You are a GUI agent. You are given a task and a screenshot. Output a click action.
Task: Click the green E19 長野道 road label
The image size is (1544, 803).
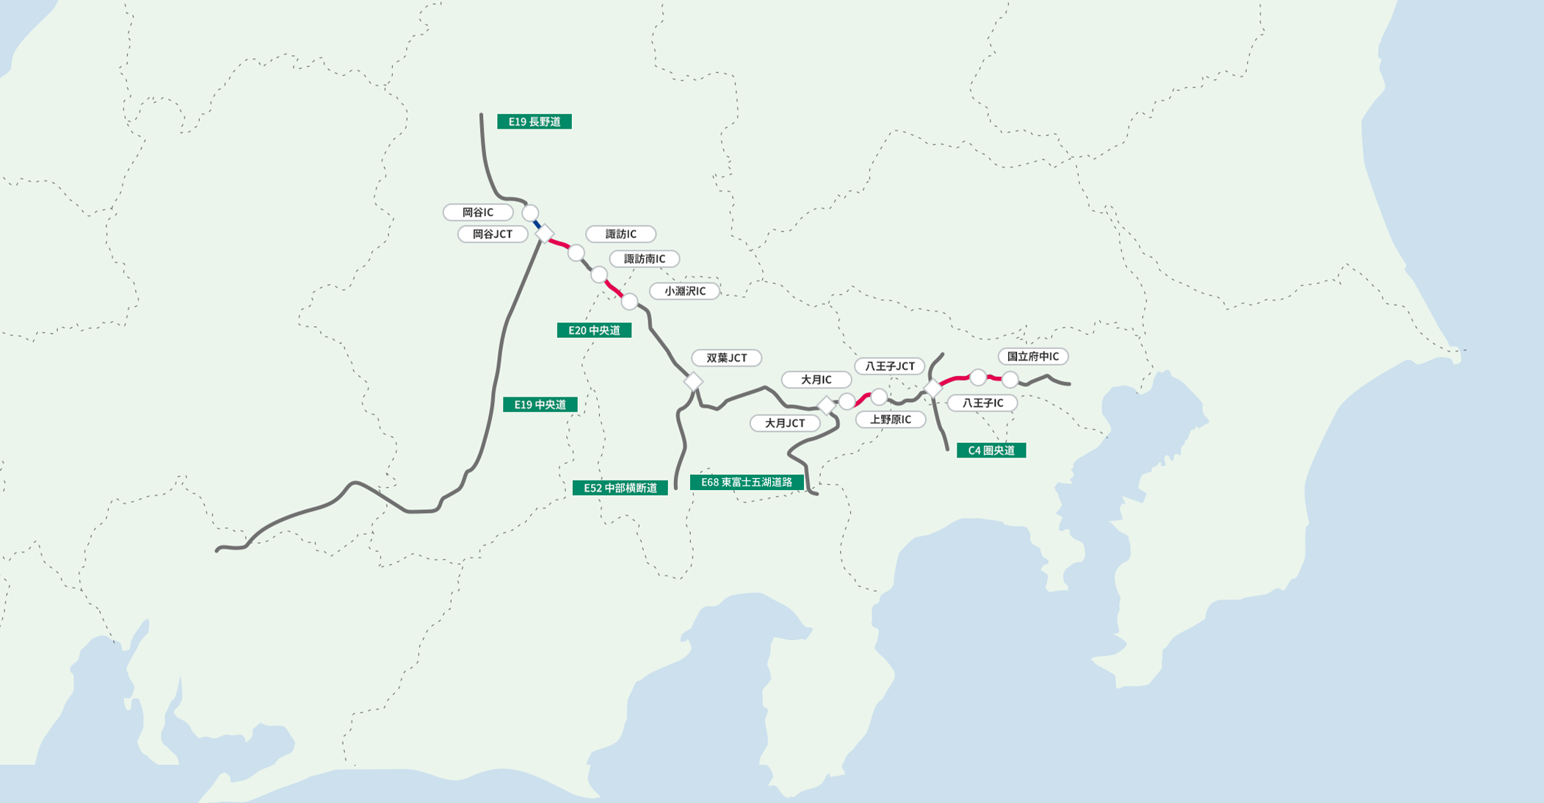pos(534,122)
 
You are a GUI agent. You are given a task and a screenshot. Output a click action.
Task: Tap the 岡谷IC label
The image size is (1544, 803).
pos(478,212)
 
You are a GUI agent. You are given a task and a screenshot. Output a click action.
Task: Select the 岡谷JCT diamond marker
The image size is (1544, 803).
pos(544,234)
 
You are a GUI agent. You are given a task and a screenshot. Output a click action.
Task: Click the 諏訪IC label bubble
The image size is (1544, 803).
pos(620,234)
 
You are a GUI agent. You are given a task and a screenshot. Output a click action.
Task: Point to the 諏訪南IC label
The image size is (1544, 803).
pos(644,259)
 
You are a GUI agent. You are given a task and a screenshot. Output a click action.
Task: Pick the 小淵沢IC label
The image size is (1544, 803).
pos(684,291)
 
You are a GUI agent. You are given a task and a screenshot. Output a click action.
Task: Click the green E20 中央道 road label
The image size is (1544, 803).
pos(594,331)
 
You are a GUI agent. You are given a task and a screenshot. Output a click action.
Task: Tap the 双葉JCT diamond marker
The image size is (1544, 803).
pos(693,381)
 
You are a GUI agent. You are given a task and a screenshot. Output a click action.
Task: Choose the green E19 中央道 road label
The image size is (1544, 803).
pos(540,405)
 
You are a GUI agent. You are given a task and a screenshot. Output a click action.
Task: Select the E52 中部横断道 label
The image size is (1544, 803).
pos(620,488)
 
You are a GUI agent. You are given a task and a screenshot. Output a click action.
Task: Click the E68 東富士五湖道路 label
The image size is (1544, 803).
pos(747,483)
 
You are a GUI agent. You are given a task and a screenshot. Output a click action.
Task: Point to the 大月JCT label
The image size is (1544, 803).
pos(785,423)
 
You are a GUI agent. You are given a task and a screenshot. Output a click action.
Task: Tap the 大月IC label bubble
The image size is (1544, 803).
pos(816,380)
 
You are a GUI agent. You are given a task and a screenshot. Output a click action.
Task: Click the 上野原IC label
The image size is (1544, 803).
pos(890,419)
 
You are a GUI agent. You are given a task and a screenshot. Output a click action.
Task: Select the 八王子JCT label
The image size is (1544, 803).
pos(889,366)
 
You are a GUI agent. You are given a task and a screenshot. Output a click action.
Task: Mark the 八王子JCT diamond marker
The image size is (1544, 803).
pos(932,388)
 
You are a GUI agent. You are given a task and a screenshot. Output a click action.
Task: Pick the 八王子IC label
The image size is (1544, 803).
pos(982,403)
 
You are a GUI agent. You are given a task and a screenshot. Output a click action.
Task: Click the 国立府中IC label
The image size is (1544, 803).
pos(1032,356)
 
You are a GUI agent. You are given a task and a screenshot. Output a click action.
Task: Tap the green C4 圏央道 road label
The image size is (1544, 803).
pos(991,450)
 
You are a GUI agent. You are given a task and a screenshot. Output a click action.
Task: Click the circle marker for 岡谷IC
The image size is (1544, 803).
pos(530,213)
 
